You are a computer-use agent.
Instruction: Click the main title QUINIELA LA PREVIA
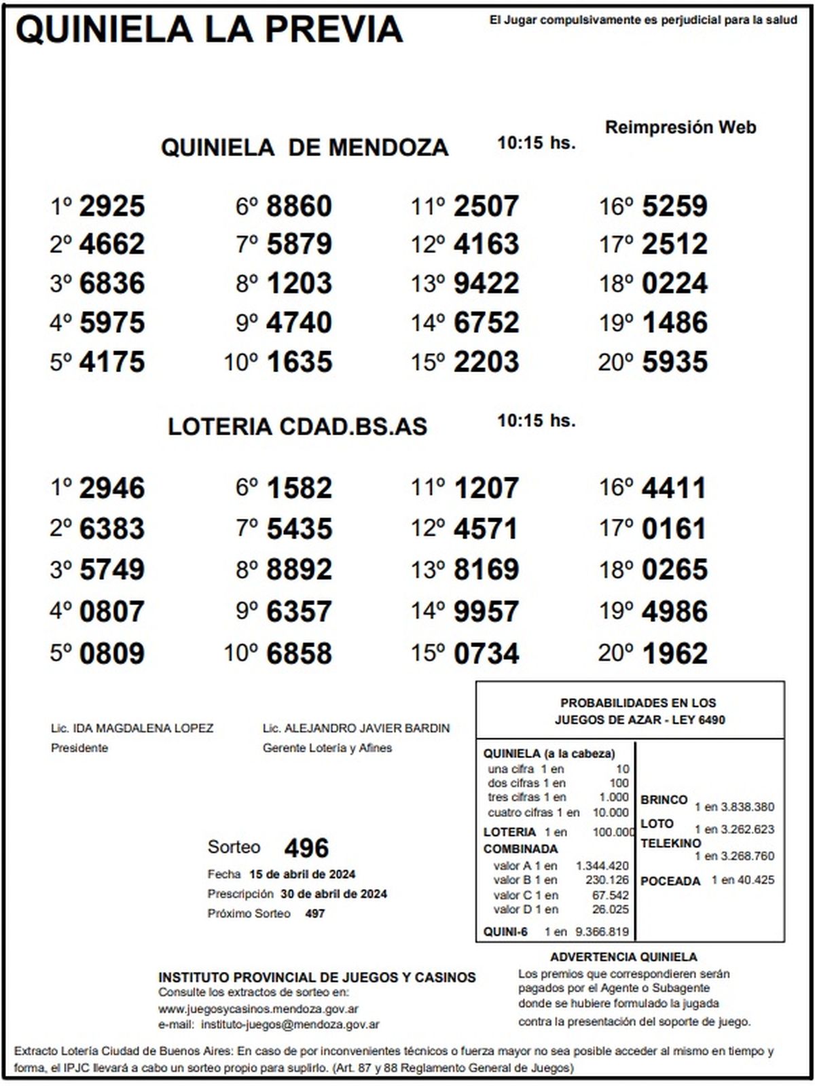click(x=209, y=30)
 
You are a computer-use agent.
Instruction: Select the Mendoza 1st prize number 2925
click(x=112, y=206)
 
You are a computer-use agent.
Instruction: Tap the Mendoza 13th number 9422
click(x=486, y=283)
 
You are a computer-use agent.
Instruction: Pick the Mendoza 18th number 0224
click(x=674, y=283)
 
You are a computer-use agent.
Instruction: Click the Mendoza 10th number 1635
click(x=300, y=362)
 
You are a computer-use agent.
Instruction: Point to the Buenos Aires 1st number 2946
click(x=112, y=488)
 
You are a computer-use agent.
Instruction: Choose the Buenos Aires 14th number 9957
click(x=486, y=611)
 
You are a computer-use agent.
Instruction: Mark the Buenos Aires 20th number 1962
click(x=674, y=653)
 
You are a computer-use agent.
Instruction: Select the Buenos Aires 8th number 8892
click(x=300, y=570)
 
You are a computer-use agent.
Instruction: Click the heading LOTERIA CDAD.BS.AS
click(x=297, y=427)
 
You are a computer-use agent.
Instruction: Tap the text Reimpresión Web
click(x=681, y=128)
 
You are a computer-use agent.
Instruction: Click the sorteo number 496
click(x=306, y=848)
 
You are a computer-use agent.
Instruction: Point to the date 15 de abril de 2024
click(x=302, y=874)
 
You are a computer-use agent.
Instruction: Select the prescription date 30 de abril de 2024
click(x=333, y=894)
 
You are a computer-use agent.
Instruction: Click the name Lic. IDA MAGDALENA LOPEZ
click(x=132, y=729)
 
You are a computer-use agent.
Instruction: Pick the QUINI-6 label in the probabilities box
click(x=505, y=932)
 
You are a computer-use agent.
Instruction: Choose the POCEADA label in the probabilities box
click(x=670, y=881)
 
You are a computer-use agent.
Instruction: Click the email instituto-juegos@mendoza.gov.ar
click(x=291, y=1025)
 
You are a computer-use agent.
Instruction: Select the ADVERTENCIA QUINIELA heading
click(x=623, y=957)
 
